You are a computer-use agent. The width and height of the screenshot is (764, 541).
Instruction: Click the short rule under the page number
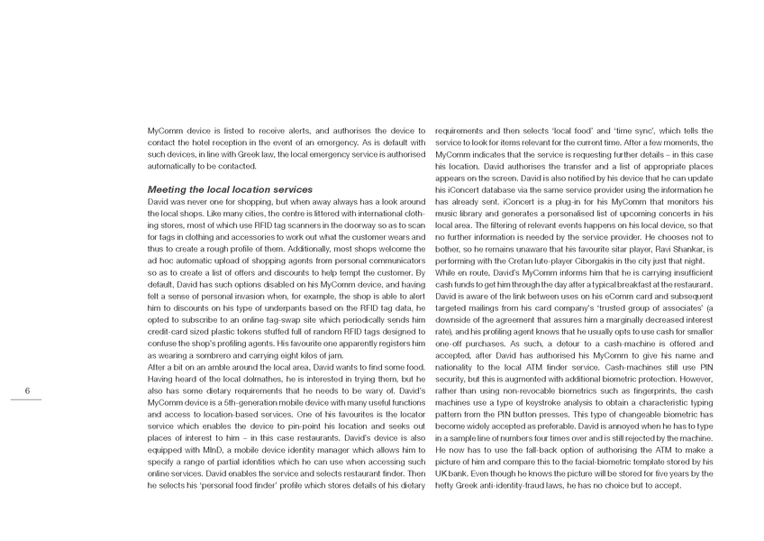pos(28,399)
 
